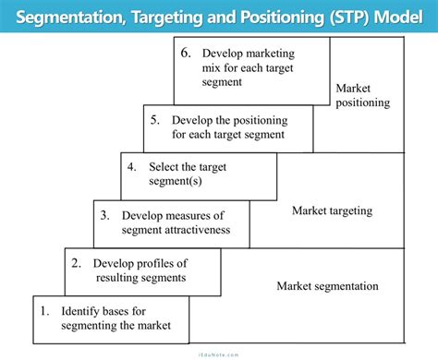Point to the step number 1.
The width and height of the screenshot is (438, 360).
(x=43, y=311)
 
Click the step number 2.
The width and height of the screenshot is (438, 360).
(x=76, y=262)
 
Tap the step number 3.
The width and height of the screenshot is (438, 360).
(x=104, y=215)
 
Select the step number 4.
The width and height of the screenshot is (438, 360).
(x=132, y=167)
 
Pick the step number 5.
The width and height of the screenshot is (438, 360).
(x=155, y=119)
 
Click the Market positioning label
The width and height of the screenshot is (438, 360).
(x=362, y=96)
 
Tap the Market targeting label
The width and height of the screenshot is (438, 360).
(x=332, y=210)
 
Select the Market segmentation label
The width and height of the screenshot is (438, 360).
(x=327, y=286)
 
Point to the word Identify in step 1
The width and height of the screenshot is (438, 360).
(x=82, y=311)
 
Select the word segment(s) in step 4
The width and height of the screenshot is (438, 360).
(x=175, y=182)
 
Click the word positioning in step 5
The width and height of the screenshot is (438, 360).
(x=236, y=119)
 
